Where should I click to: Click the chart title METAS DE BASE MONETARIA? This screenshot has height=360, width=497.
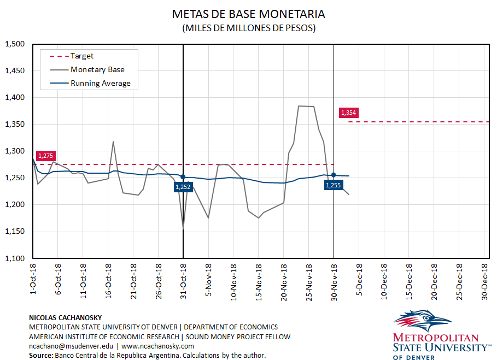point(248,14)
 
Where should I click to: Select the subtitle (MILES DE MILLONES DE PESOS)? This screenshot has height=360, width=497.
point(248,28)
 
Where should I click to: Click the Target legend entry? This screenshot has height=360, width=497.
point(82,56)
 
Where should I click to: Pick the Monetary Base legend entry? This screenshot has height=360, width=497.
point(97,69)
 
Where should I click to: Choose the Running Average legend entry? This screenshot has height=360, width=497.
point(101,84)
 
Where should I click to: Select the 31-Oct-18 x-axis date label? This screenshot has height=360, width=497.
point(183,280)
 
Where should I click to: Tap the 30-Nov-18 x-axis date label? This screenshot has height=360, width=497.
point(334,280)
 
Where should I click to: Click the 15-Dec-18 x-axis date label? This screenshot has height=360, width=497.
point(409,280)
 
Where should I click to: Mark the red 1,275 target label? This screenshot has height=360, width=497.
point(46,156)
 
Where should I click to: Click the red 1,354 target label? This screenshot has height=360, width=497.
point(348,113)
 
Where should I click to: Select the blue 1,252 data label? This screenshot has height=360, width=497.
point(183,187)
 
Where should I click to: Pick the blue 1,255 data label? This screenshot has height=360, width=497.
point(334,185)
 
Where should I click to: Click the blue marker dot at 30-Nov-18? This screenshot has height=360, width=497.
point(334,174)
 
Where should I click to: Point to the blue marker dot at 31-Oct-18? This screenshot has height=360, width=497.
point(183,176)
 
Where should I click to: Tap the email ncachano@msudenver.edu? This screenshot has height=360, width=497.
point(71,346)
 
